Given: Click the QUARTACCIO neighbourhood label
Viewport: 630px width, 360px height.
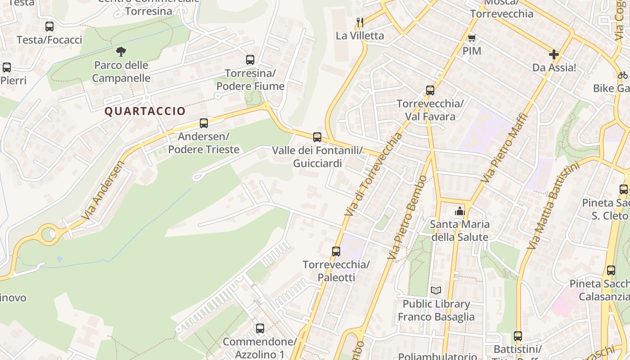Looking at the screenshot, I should click(145, 111).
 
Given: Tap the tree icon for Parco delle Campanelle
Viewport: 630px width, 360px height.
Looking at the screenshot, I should click(121, 52).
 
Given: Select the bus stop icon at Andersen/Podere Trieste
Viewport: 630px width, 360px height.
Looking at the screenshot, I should click(204, 123).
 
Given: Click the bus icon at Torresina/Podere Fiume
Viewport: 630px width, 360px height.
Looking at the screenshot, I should click(250, 60).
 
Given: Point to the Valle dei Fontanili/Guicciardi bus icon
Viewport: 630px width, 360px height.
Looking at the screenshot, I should click(317, 137).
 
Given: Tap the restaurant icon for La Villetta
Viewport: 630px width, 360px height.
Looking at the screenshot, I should click(360, 22).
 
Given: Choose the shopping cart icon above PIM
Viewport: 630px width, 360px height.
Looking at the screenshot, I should click(472, 38).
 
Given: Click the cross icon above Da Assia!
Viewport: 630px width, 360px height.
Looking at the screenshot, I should click(553, 54).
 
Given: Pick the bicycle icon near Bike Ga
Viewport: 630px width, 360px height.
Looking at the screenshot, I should click(623, 75).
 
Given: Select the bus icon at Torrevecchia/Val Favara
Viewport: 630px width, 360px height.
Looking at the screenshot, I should click(430, 90).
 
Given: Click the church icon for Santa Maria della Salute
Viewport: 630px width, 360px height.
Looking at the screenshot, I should click(459, 211).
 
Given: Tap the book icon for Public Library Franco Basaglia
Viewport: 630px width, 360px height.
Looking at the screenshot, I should click(436, 290).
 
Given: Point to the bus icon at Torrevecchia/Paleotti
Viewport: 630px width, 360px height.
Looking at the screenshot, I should click(336, 252).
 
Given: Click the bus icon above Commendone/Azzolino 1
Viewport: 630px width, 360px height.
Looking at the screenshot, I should click(260, 328).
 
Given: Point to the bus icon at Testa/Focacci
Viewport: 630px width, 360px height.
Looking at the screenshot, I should click(49, 27).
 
